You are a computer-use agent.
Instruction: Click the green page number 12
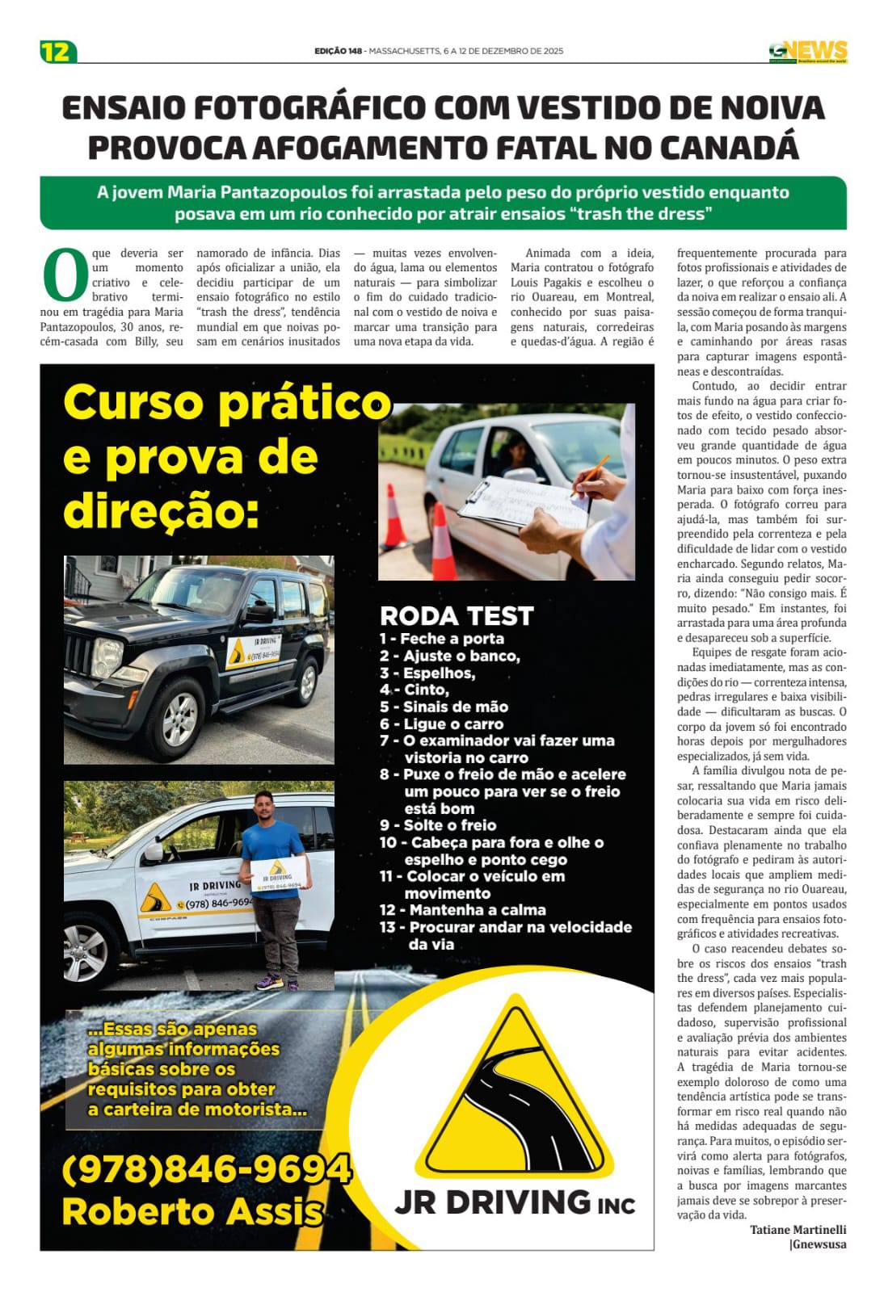click(x=57, y=52)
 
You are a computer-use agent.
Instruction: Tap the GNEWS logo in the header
click(x=807, y=52)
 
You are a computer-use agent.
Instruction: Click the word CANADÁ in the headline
click(x=730, y=148)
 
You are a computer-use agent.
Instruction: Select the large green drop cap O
click(x=65, y=275)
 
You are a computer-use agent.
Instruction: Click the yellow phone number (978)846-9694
click(x=206, y=1169)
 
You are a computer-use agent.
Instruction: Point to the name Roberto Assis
click(x=192, y=1211)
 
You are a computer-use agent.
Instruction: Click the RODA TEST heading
click(x=457, y=616)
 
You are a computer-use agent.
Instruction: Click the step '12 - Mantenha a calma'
click(x=462, y=910)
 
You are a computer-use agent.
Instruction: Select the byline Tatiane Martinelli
click(x=798, y=1230)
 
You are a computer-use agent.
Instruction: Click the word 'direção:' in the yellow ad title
click(x=161, y=511)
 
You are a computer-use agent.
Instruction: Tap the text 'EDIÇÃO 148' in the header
click(x=338, y=51)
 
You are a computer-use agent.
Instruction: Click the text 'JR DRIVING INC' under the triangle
click(x=514, y=1202)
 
